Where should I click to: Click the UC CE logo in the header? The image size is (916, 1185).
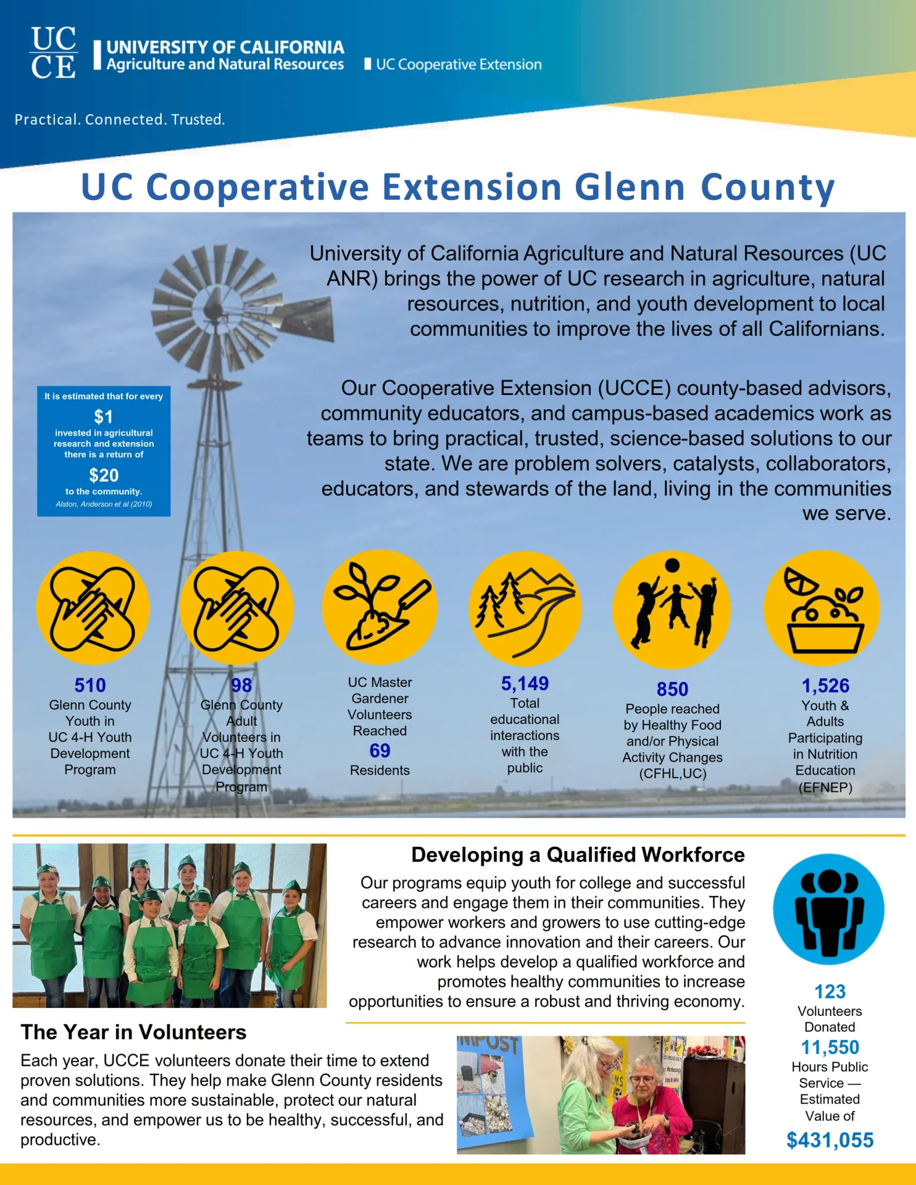coord(54,52)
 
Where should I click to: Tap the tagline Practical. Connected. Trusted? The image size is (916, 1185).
coord(120,119)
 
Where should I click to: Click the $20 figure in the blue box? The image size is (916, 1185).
coord(104,475)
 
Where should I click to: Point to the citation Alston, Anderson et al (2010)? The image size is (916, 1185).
coord(104,504)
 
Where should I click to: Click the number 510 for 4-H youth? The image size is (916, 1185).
coord(90,685)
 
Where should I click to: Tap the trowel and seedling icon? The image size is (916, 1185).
coord(380,607)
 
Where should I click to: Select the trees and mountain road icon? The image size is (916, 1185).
coord(525,607)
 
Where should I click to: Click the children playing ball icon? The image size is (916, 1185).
coord(672,609)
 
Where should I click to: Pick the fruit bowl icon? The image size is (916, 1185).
coord(822,609)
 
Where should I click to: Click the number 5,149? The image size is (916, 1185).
coord(525,683)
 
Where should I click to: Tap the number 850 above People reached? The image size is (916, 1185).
coord(672,689)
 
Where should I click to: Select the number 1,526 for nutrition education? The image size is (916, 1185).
coord(825,686)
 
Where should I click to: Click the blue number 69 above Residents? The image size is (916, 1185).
coord(380,750)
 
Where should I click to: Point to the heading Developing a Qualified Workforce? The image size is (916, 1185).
coord(578,855)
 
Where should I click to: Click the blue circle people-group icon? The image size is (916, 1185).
coord(828,909)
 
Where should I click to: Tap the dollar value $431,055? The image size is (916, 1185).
coord(830,1140)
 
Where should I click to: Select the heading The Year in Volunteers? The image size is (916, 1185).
coord(133,1032)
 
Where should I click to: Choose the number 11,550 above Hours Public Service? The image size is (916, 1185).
coord(830,1047)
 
